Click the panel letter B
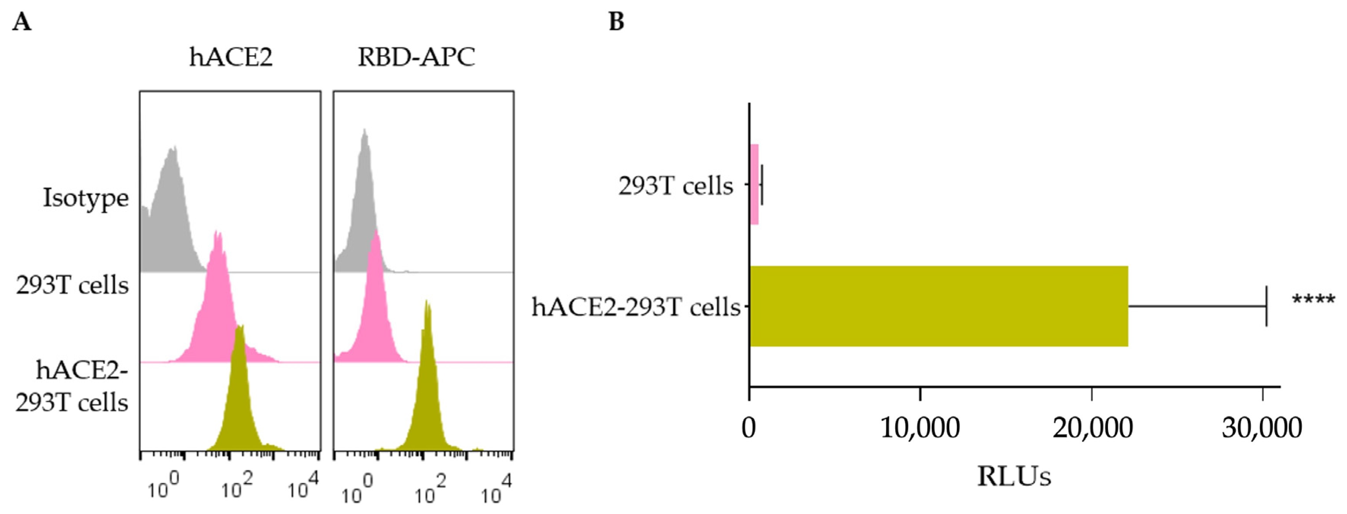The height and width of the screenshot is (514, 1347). point(617,22)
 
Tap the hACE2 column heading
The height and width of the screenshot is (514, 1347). point(231,57)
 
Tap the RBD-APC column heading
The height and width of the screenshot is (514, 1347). point(416,57)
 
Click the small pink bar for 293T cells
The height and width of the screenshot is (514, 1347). point(754,185)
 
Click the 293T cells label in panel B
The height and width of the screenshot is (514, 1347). point(676,186)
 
